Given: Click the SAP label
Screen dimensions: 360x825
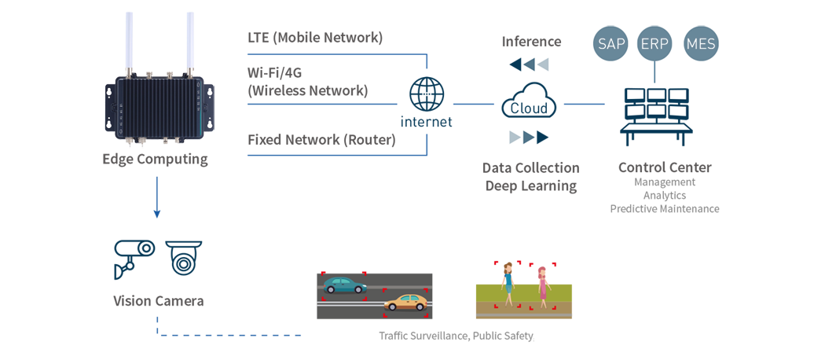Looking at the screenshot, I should (x=611, y=44).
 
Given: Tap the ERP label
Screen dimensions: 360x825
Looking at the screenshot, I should (x=654, y=44).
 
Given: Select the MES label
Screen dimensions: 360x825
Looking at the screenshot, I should (x=701, y=44).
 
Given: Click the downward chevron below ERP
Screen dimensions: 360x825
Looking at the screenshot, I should (x=654, y=72).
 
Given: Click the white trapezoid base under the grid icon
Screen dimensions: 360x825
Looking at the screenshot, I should (x=654, y=124).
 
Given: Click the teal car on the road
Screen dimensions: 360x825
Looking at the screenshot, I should (x=344, y=285).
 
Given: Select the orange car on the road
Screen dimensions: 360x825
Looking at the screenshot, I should (x=405, y=302).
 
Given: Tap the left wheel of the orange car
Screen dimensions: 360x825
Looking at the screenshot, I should (x=393, y=307).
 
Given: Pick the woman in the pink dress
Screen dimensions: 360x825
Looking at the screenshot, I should (x=542, y=286).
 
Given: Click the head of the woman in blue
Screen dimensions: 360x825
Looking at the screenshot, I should (x=509, y=270).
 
